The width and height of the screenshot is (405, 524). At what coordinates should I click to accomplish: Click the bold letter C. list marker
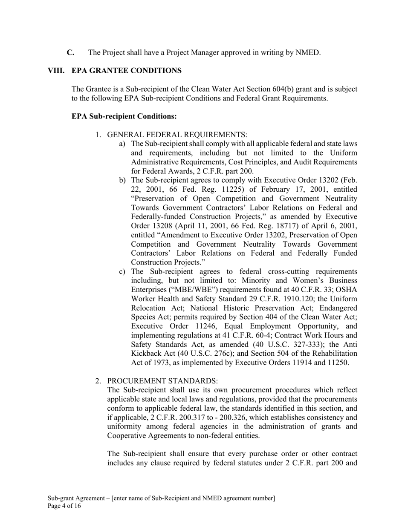pyautogui.click(x=70, y=53)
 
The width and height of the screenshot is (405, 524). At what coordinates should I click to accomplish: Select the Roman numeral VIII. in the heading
pyautogui.click(x=56, y=71)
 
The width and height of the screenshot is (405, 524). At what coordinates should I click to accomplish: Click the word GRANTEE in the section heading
pyautogui.click(x=107, y=71)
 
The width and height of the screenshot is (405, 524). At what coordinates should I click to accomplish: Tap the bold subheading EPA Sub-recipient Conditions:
pyautogui.click(x=124, y=116)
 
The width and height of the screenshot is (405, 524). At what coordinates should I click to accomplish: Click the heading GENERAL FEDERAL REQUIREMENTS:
pyautogui.click(x=177, y=135)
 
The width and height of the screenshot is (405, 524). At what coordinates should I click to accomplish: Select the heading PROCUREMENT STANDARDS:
pyautogui.click(x=162, y=381)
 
